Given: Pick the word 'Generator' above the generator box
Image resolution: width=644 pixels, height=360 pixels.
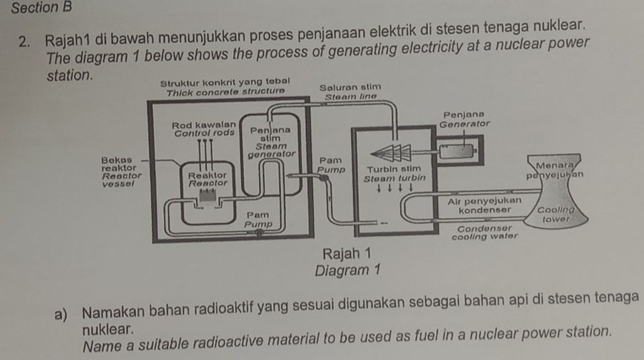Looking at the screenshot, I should [x=464, y=123].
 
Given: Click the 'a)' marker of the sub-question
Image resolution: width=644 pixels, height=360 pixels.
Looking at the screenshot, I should [x=70, y=315].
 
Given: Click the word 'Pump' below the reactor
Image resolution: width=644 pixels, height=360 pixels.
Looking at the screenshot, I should [x=257, y=224].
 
